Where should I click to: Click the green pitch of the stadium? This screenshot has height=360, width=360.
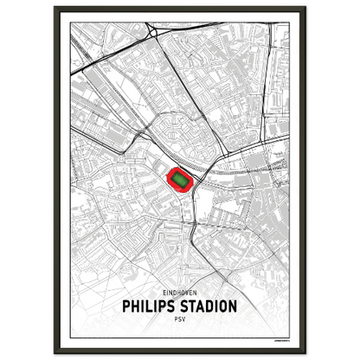[x=180, y=179]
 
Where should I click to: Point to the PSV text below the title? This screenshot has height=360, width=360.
[x=180, y=319]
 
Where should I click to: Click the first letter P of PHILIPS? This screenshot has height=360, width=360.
[x=127, y=306]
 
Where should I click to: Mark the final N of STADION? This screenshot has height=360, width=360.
[x=233, y=306]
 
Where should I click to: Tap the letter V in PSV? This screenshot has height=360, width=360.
[x=184, y=319]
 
